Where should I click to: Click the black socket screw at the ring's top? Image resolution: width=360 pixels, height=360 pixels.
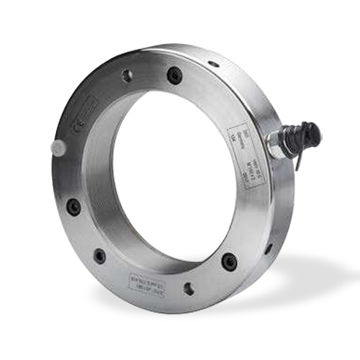174,74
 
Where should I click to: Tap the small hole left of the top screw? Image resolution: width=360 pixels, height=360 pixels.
127,74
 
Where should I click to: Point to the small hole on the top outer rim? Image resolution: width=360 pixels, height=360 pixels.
213,63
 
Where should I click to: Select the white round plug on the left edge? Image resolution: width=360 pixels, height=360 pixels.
58,148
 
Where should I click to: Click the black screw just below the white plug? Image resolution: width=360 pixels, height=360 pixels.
73,207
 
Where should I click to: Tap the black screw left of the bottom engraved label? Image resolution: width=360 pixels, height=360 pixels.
99,256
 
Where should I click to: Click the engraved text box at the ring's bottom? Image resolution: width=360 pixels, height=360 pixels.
153,278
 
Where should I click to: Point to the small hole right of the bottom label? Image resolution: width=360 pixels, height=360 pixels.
189,289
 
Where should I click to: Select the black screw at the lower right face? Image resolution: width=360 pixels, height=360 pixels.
229,261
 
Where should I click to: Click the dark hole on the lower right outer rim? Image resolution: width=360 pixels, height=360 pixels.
269,248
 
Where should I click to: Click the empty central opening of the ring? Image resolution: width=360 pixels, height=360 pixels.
173,173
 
